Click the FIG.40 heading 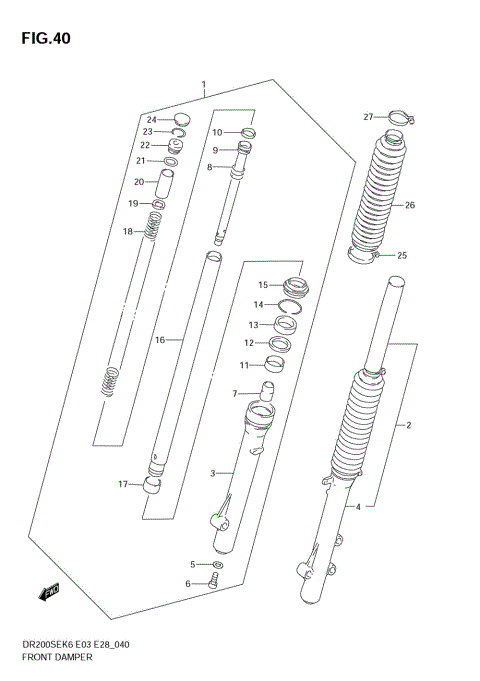click(x=41, y=39)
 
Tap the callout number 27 click(x=368, y=117)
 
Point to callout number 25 click(x=402, y=255)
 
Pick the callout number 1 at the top click(x=204, y=85)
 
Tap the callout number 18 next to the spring click(x=127, y=232)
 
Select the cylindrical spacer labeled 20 click(x=167, y=184)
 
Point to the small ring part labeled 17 click(x=155, y=487)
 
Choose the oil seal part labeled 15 click(x=295, y=284)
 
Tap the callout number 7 click(x=235, y=393)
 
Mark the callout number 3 click(x=212, y=473)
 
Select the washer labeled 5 click(x=218, y=566)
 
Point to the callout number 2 click(x=408, y=426)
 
